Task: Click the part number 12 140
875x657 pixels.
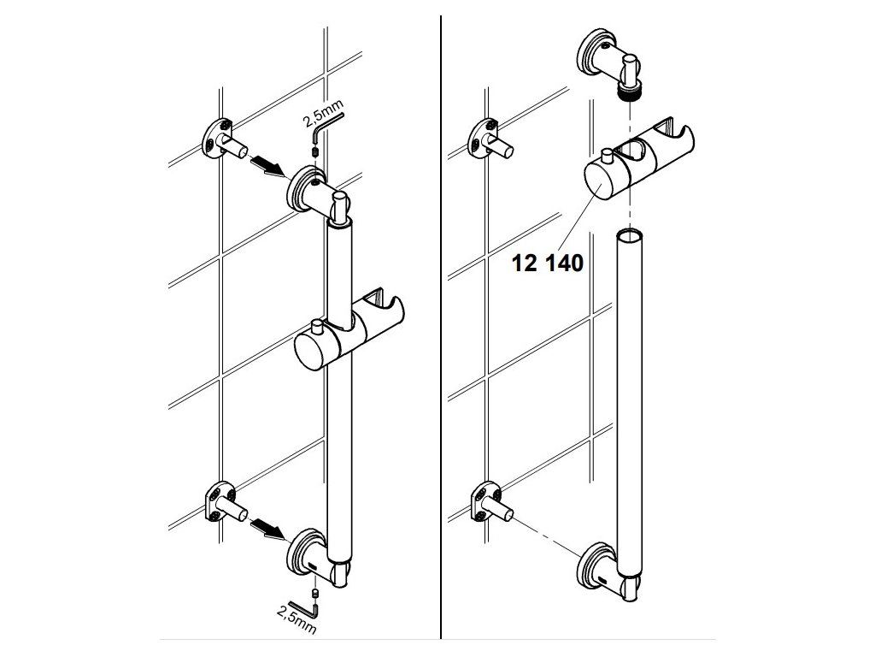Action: coord(547,263)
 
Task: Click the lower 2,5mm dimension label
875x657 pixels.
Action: coord(297,619)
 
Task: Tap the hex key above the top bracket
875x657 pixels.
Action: coord(327,127)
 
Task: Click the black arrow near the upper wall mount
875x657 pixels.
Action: coord(267,166)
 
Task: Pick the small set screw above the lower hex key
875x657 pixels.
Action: coord(314,593)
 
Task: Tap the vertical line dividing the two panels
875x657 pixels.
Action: coord(441,328)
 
